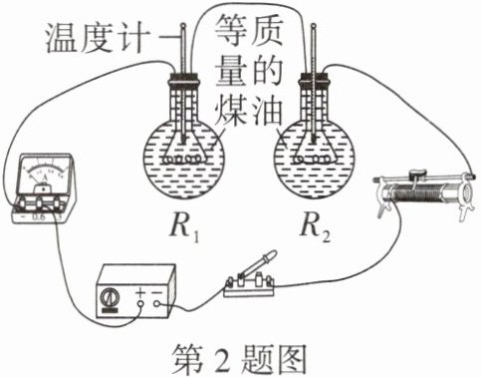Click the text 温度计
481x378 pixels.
coord(96,38)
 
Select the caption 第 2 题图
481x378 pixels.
coord(239,359)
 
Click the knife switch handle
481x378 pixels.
coord(257,263)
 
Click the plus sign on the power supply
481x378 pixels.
coord(140,292)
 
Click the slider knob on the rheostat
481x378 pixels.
coord(417,174)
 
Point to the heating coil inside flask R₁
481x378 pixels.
coord(182,161)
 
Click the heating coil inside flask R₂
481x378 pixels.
coord(312,161)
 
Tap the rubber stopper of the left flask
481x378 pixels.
coord(184,80)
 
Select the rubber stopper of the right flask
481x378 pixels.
coord(315,80)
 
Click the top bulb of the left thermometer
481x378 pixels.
coord(183,25)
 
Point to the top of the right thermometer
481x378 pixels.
coord(313,25)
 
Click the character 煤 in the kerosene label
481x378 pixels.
coord(230,112)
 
